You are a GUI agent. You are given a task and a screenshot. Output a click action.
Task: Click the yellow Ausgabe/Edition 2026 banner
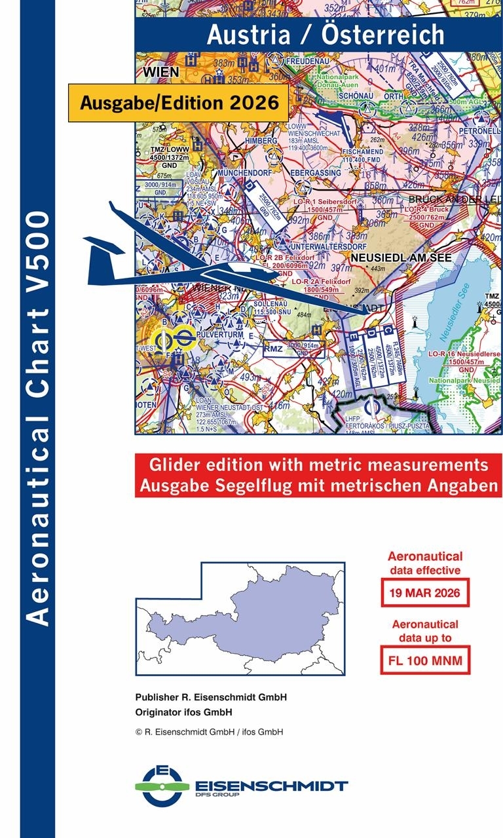[x=178, y=103]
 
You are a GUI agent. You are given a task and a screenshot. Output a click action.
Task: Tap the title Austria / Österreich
[x=326, y=35]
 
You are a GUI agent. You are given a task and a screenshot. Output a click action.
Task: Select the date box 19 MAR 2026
[x=425, y=594]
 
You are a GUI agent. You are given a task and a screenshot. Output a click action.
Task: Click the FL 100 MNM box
[x=425, y=660]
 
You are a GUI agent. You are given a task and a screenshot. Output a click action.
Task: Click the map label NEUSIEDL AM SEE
[x=401, y=258]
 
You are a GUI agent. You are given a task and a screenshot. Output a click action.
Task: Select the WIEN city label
[x=160, y=71]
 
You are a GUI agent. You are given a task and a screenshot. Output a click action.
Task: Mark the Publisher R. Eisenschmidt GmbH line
[x=211, y=697]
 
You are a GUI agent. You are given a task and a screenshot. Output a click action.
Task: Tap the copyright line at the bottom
[x=209, y=732]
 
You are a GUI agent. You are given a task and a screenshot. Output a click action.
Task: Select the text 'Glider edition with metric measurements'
[x=319, y=465]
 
